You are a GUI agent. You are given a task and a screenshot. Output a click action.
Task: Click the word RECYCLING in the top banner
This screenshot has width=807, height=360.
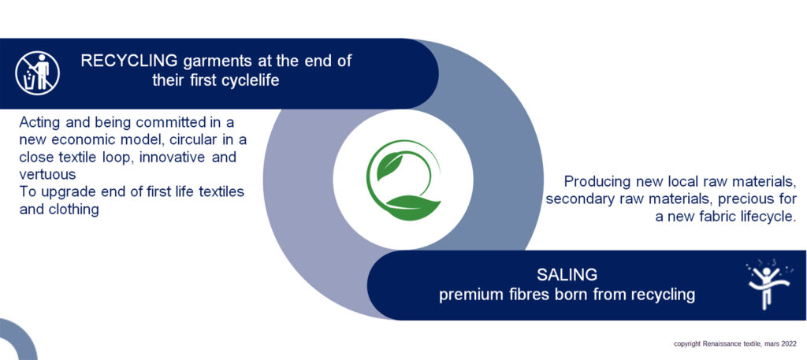pos(129,61)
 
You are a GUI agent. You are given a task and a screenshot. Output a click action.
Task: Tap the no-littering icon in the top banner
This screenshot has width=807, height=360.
pos(37,73)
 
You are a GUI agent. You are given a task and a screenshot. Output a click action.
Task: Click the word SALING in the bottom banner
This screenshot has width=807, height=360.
pos(567,275)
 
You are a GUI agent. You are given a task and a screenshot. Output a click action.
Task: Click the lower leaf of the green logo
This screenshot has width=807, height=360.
pos(413,207)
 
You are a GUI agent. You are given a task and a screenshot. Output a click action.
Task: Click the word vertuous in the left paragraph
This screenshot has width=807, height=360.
pos(48,175)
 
